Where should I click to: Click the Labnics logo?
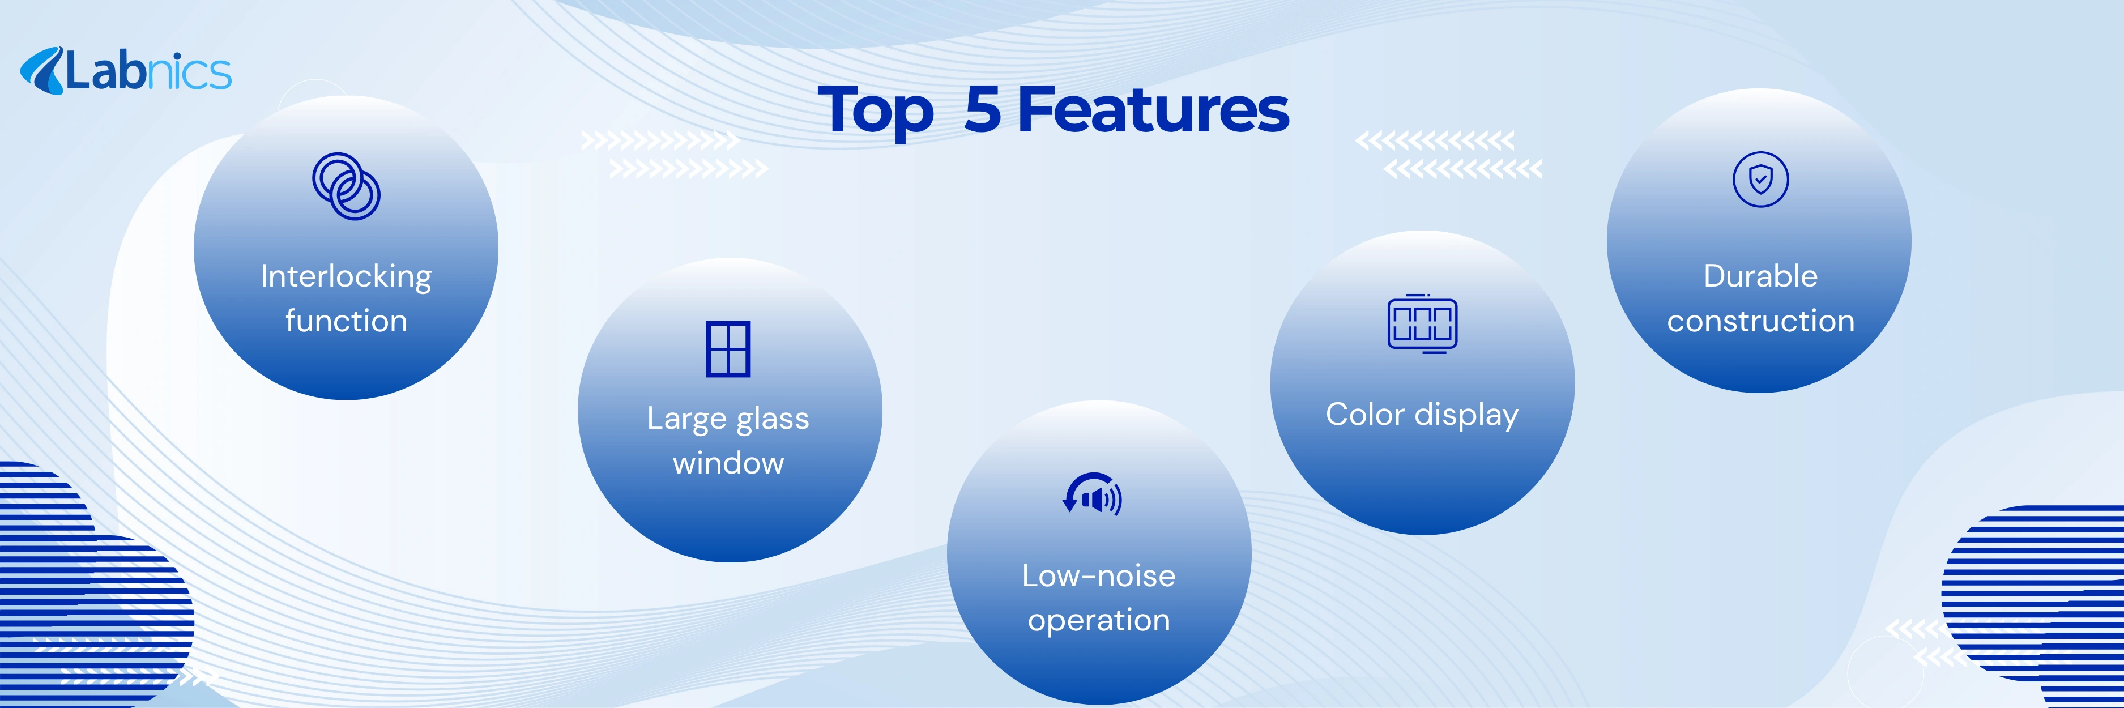pos(125,71)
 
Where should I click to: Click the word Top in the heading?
pos(876,111)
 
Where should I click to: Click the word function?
pos(346,321)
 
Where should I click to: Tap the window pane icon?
pos(728,349)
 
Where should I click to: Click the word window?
pos(728,463)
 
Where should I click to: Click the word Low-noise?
pos(1098,576)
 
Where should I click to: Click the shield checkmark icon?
pos(1760,179)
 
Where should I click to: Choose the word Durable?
pos(1760,276)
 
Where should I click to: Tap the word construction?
pos(1760,321)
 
